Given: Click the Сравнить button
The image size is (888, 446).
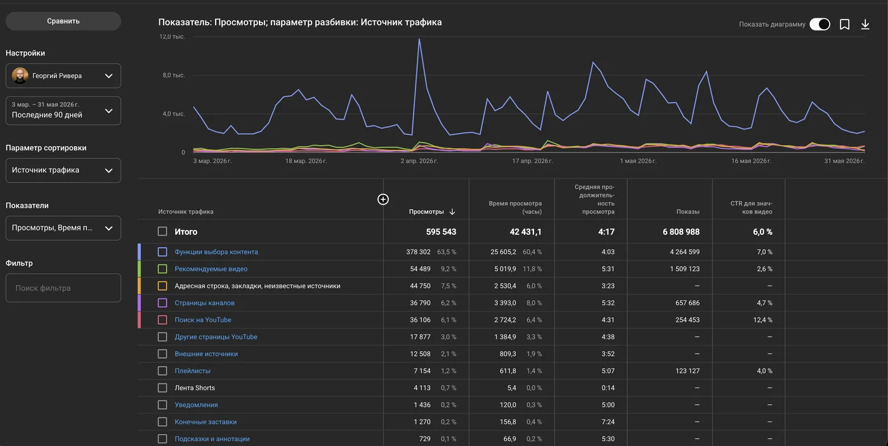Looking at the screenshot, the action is [x=63, y=21].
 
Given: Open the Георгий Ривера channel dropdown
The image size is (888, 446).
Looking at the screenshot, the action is [x=63, y=75].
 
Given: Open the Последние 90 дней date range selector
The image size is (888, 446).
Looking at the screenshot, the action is [x=63, y=110].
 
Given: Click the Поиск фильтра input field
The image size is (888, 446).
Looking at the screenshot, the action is [x=63, y=288].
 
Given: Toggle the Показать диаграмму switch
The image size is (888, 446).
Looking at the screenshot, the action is [x=819, y=24].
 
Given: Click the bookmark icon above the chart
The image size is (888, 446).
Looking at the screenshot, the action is [x=844, y=25].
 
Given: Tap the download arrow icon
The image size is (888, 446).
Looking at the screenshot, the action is [x=865, y=25].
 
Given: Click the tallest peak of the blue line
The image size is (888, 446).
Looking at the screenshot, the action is [x=419, y=39].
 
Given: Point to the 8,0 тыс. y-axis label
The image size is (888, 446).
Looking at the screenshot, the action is [x=174, y=75].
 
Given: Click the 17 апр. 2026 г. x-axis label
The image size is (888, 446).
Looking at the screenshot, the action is [x=532, y=161].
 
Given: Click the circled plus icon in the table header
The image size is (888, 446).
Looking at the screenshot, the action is [x=383, y=199].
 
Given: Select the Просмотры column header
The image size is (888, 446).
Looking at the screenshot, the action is [x=426, y=212].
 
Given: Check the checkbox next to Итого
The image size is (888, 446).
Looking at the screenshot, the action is [x=162, y=231].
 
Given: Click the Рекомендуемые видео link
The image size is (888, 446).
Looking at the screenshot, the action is [x=211, y=269].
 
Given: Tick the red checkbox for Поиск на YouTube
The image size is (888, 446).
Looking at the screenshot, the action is [x=162, y=320].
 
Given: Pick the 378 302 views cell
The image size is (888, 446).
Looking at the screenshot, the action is [x=418, y=252].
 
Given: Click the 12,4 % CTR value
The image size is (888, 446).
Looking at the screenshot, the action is [x=762, y=320].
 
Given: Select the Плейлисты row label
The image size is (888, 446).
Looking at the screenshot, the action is [x=192, y=371].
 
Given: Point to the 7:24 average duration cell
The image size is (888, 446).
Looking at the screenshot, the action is [x=608, y=422].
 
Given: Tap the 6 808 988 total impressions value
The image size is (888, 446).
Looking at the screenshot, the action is [x=681, y=232].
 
